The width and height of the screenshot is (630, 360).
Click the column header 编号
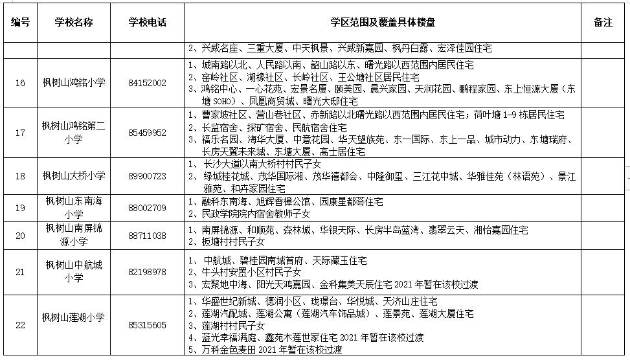pyautogui.click(x=21, y=22)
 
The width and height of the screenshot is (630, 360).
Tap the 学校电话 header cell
pyautogui.click(x=148, y=22)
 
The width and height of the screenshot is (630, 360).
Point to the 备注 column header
pyautogui.click(x=602, y=22)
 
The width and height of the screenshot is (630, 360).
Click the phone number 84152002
pyautogui.click(x=148, y=83)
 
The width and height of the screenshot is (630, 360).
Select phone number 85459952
pyautogui.click(x=148, y=133)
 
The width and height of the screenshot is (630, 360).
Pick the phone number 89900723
pyautogui.click(x=148, y=176)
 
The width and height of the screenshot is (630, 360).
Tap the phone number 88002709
pyautogui.click(x=148, y=208)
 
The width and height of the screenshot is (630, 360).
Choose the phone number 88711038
pyautogui.click(x=148, y=236)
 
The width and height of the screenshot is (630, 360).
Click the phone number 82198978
pyautogui.click(x=148, y=272)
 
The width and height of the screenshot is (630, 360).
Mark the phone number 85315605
pyautogui.click(x=148, y=326)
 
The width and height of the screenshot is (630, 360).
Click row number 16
pyautogui.click(x=21, y=83)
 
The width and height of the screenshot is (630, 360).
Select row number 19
pyautogui.click(x=21, y=208)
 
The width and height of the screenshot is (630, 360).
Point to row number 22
pyautogui.click(x=21, y=326)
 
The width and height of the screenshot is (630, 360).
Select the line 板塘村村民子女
pyautogui.click(x=227, y=242)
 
